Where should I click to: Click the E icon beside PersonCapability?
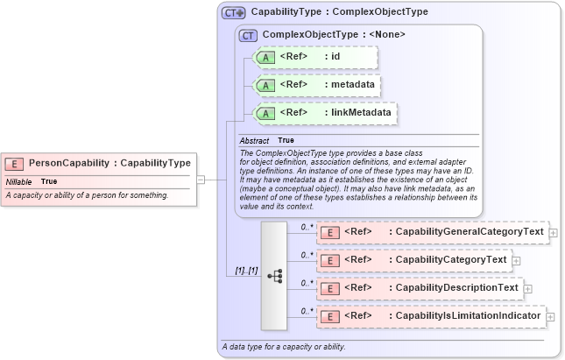14,163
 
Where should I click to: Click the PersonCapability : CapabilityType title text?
109,163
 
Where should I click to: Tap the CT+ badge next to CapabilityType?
234,13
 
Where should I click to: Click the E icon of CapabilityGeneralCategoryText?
330,232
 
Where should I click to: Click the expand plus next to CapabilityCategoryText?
516,260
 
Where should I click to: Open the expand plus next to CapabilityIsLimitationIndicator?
550,316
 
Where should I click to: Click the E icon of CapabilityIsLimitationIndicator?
330,316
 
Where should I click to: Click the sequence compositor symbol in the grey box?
274,274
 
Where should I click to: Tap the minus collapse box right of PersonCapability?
201,180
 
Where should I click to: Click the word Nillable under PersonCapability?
19,181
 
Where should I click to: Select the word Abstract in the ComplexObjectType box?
255,140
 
